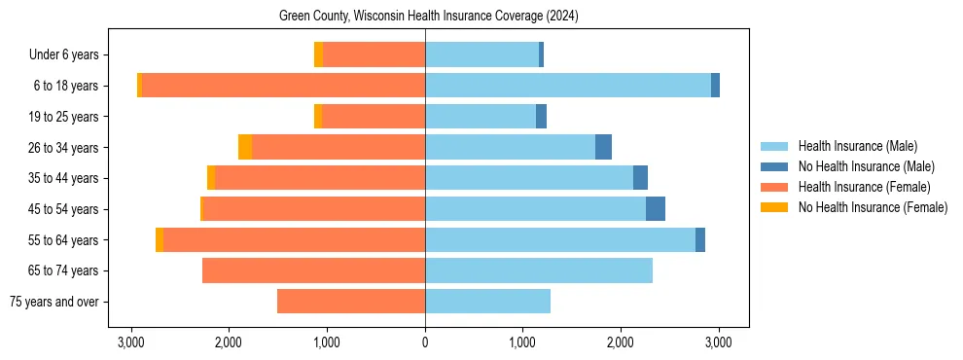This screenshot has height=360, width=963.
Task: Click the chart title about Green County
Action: coord(428,16)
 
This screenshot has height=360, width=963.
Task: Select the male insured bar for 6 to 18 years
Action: coord(568,86)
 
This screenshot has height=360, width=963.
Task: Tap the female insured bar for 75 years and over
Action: coord(351,302)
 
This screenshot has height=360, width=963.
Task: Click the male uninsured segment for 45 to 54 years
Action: coord(656,209)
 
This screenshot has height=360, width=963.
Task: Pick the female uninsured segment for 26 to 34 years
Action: coord(245,147)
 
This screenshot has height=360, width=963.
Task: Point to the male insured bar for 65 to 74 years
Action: coord(539,270)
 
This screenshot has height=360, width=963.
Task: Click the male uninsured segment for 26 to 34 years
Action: coord(603,147)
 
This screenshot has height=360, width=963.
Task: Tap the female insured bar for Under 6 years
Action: coord(374,54)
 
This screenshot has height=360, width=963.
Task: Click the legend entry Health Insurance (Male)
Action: coord(857,146)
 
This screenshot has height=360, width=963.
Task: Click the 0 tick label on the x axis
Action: coord(425,342)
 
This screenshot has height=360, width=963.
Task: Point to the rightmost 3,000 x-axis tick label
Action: coord(719,342)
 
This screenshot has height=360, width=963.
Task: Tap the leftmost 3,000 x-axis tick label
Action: coord(131,342)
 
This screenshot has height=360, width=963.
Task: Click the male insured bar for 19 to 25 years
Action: coord(481,117)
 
